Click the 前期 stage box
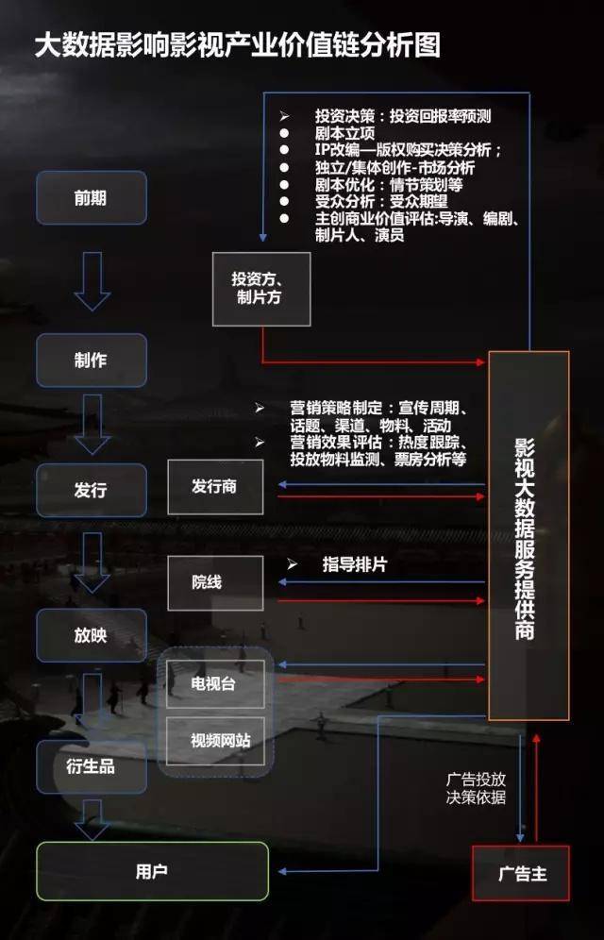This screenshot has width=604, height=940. pos(91,197)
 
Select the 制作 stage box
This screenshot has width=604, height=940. pos(91,360)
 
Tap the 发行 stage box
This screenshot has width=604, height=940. pos(91,490)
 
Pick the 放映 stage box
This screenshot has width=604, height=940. pos(91,635)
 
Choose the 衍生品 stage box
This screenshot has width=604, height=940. pos(91,765)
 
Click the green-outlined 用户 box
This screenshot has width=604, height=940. pos(152,870)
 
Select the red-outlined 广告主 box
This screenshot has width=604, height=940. pos(522,873)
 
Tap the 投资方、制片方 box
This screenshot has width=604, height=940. pos(260,288)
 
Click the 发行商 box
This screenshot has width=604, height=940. pos(214,487)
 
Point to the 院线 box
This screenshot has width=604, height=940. pos(214,582)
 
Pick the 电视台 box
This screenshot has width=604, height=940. pos(214,683)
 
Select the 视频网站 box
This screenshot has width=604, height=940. pos(214,741)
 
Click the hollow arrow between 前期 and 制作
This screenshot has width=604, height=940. pos(92,280)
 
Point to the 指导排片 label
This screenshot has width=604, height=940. pos(354,564)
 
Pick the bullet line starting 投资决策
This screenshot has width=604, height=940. pos(403,116)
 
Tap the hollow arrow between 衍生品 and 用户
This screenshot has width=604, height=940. pos(92,817)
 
